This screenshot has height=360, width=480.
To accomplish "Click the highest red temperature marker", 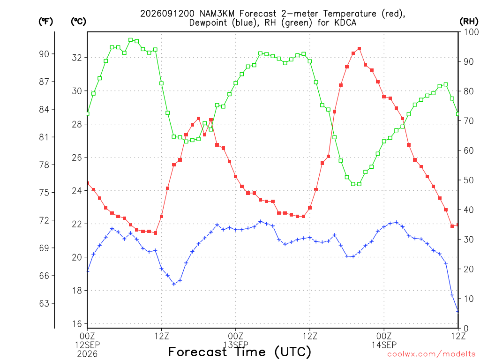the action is point(360,49).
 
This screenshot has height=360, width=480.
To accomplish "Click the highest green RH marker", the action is point(131,40).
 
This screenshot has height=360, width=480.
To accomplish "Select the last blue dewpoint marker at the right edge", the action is point(458,311).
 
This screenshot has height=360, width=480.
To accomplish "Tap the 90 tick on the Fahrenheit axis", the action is point(44,54).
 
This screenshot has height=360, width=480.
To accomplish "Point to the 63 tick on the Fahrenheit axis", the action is point(44,303).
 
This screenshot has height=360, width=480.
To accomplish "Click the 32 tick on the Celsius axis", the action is point(77,58).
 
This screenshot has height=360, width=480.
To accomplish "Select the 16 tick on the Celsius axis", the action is point(77,323).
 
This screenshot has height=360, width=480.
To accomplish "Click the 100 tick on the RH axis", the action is point(471,32).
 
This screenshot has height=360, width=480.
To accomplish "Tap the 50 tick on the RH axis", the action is point(468,180).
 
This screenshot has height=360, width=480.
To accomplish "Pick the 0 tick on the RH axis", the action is point(466,328).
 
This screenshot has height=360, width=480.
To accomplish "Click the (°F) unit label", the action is point(45,22).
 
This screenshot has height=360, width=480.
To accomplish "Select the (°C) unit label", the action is point(78,22).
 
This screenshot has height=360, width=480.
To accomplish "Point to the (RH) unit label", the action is point(469,22).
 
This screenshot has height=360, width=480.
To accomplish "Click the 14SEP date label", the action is point(384,345).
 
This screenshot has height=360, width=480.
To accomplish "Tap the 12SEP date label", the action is point(88,345).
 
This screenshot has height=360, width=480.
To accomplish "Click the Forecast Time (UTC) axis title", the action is point(240,352).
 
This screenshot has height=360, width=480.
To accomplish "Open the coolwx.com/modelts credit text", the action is point(431,354).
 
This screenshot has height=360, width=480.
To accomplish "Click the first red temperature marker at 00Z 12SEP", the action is point(88,183).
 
